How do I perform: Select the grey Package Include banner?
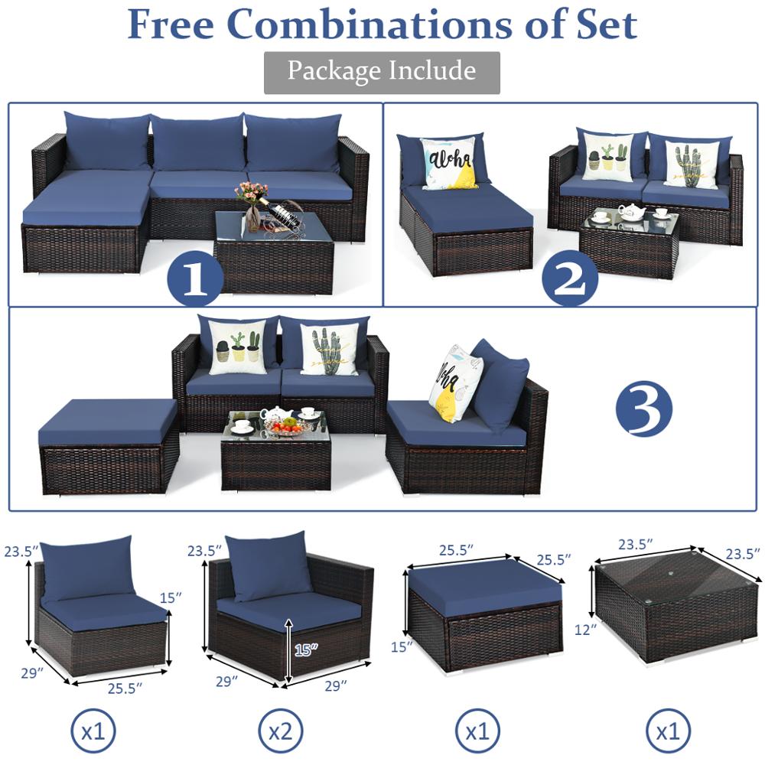(x=382, y=72)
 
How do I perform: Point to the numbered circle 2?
(x=570, y=279)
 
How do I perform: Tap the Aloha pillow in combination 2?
(x=449, y=163)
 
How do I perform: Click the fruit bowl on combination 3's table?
(x=284, y=425)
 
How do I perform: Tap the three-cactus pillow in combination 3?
(x=237, y=347)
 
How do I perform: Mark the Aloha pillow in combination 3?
(x=454, y=382)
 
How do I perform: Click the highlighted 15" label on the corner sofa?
(x=305, y=649)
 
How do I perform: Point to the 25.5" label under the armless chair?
(x=125, y=688)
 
